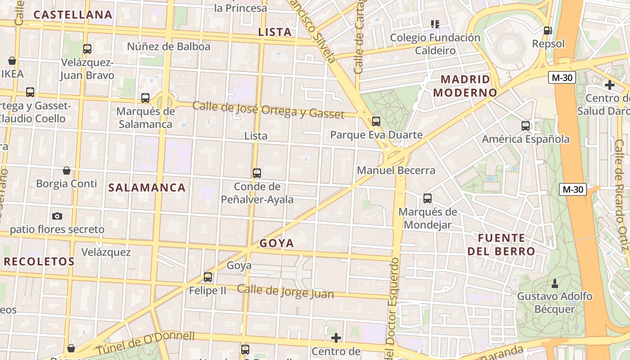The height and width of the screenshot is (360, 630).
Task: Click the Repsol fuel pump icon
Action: [x=548, y=31]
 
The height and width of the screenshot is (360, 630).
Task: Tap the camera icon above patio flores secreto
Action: [x=57, y=216]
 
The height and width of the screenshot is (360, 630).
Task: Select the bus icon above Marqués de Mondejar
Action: [x=427, y=198]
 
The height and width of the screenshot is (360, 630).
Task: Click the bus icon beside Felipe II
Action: [x=207, y=277]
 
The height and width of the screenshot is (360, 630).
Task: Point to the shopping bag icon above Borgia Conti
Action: [x=67, y=171]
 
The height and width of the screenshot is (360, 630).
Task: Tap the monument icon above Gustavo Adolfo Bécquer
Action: [x=554, y=283]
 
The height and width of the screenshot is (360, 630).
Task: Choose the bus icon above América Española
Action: [x=525, y=126]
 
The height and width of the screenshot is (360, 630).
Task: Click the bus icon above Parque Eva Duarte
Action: [x=376, y=121]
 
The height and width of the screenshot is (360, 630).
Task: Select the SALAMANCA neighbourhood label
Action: [x=147, y=188]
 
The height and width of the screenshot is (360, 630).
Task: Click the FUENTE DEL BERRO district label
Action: [x=501, y=244]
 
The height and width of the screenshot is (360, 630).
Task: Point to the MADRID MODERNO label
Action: [x=468, y=86]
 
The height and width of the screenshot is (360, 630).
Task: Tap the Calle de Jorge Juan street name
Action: [x=285, y=291]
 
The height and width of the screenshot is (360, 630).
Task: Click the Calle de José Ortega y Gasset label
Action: [x=268, y=110]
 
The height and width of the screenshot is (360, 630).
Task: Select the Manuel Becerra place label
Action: [x=396, y=170]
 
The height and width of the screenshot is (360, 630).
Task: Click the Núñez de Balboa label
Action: [x=168, y=46]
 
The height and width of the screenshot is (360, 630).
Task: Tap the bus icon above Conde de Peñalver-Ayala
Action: [x=256, y=173]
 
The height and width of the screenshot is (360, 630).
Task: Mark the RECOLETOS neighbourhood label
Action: [x=39, y=261]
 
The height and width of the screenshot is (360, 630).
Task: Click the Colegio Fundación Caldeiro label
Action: [x=435, y=44]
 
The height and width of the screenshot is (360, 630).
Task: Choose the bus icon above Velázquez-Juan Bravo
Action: [x=87, y=49]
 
